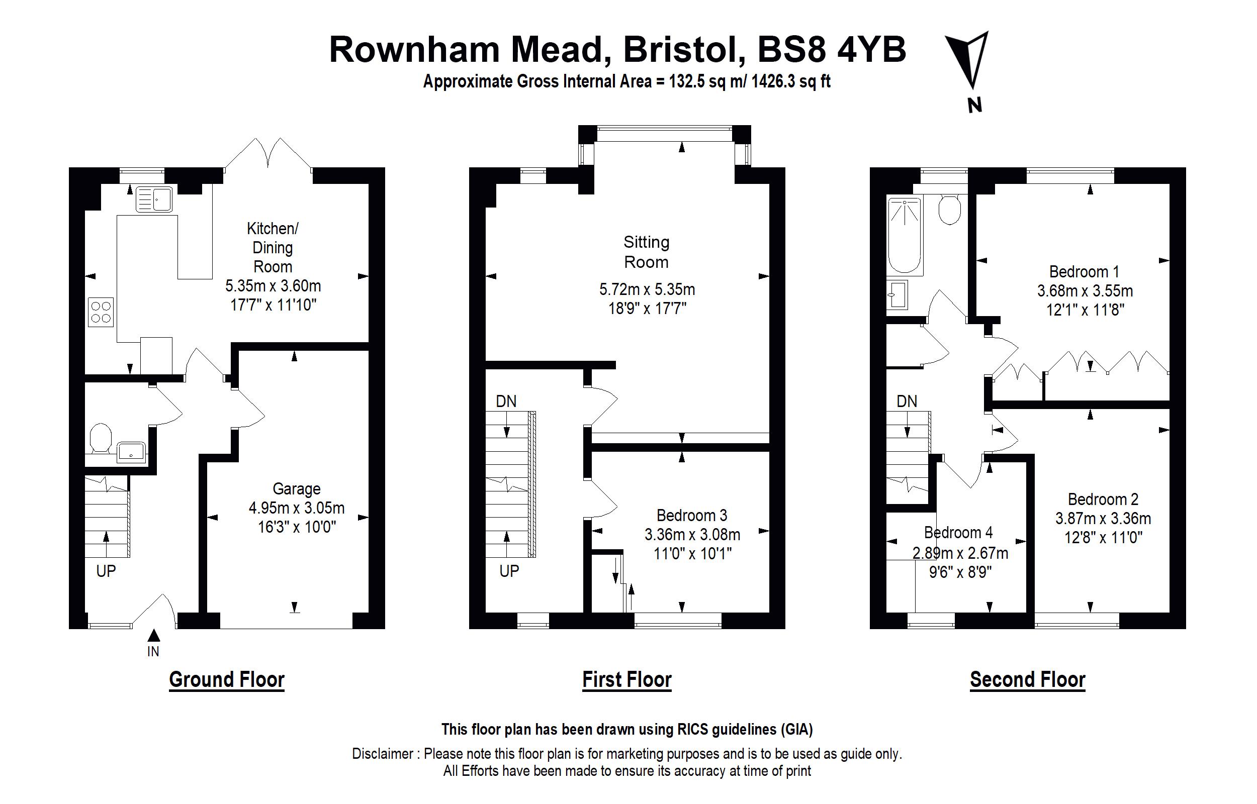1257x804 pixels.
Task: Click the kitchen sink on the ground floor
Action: pyautogui.click(x=154, y=199)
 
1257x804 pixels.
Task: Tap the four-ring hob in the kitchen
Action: pyautogui.click(x=101, y=312)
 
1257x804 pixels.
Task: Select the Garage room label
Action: pyautogui.click(x=297, y=489)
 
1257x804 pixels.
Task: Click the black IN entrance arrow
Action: pyautogui.click(x=153, y=635)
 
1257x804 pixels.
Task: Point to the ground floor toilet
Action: pyautogui.click(x=101, y=438)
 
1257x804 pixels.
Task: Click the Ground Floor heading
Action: pyautogui.click(x=227, y=680)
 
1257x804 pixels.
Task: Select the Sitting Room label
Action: pyautogui.click(x=647, y=252)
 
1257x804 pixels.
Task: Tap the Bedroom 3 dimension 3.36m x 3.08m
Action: pyautogui.click(x=692, y=535)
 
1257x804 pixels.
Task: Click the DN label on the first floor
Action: pyautogui.click(x=506, y=401)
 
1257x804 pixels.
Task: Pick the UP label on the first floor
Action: pyautogui.click(x=509, y=571)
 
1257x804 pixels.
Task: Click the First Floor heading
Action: pyautogui.click(x=626, y=680)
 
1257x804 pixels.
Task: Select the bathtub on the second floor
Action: pyautogui.click(x=905, y=235)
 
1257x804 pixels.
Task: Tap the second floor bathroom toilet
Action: pyautogui.click(x=949, y=210)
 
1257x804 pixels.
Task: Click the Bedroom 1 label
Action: pyautogui.click(x=1084, y=271)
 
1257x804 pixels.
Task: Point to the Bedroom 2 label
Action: pyautogui.click(x=1103, y=499)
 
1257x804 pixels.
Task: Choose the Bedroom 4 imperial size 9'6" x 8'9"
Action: pyautogui.click(x=960, y=572)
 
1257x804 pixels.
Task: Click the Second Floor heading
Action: pyautogui.click(x=1028, y=680)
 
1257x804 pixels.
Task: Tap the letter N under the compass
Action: pyautogui.click(x=974, y=106)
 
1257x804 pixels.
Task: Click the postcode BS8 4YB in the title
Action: pyautogui.click(x=832, y=50)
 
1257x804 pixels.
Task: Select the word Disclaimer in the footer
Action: pyautogui.click(x=383, y=754)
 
